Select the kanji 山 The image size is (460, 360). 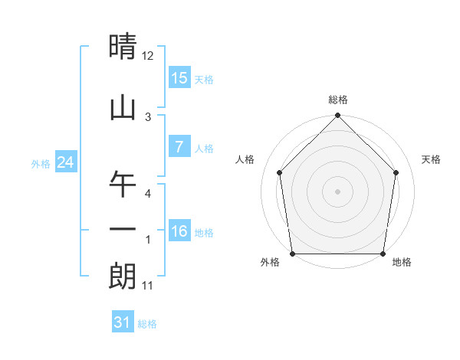coord(123,107)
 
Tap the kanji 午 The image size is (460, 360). coord(123,185)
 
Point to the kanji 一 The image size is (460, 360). coord(123,227)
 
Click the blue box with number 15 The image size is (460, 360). coord(179,78)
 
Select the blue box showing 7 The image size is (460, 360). coord(179,147)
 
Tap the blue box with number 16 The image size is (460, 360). coord(179,231)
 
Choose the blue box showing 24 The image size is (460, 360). coord(65,162)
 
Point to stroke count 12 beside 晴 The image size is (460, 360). coord(148,56)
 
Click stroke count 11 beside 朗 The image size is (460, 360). coord(148,286)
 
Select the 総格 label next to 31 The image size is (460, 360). coord(147,324)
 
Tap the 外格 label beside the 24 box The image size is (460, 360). coord(41,163)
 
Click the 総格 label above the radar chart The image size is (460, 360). coord(337,100)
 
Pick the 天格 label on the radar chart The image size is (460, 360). coord(432,159)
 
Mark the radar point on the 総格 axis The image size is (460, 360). coord(337,116)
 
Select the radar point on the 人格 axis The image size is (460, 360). coord(280,172)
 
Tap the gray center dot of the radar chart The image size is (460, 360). coord(337,191)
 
